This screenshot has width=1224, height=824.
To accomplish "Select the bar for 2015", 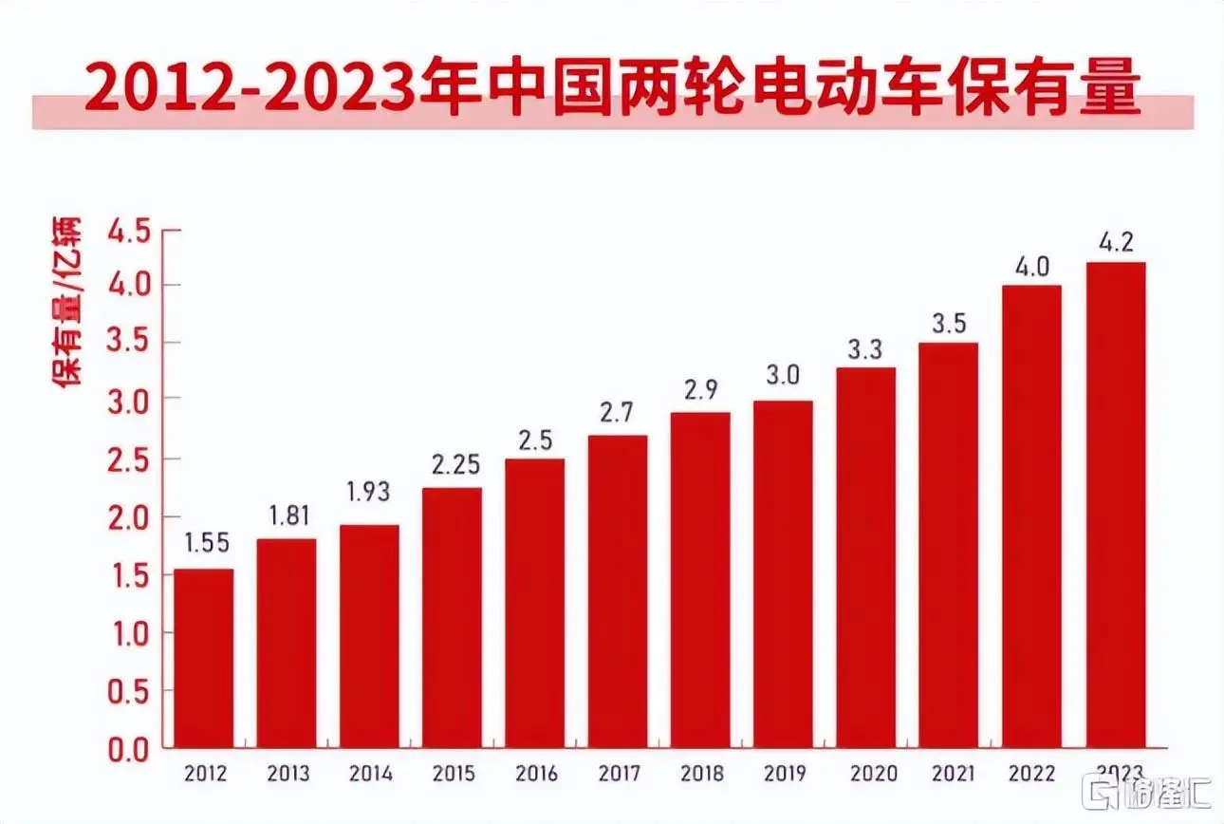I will click(x=452, y=617).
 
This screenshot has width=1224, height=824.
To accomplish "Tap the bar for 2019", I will click(x=783, y=573).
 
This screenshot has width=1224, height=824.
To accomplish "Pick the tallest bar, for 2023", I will click(x=1115, y=504).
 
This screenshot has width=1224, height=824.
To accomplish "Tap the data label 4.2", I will click(x=1115, y=241).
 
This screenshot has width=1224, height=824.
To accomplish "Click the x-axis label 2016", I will click(x=534, y=774).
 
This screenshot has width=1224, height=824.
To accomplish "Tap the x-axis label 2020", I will click(x=865, y=774).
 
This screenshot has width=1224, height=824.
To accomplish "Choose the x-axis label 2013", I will click(x=286, y=774).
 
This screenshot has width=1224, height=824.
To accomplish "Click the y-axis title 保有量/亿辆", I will click(x=67, y=301).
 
